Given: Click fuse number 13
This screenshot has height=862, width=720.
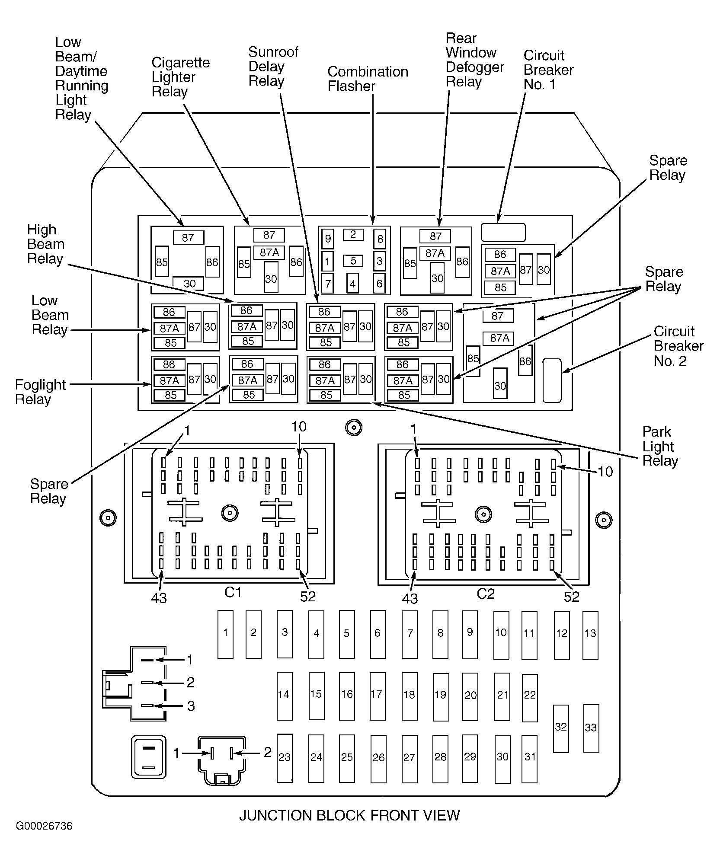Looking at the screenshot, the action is pos(590,635).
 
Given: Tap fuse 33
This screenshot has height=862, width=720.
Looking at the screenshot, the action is pos(591,728).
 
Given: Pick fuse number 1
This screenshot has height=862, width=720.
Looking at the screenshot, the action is pos(225,634).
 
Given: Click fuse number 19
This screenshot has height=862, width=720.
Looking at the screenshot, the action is pos(441,697).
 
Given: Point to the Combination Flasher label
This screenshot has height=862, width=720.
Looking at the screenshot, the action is pos(368,79).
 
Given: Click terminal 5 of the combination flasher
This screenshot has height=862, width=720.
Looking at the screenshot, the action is pos(353,261).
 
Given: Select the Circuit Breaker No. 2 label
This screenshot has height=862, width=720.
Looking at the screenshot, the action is pos(678,346).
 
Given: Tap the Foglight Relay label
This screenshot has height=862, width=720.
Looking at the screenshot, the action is pos(40,392).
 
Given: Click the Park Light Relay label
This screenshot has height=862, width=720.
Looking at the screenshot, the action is pos(660,446).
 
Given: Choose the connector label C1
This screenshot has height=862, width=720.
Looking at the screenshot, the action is pos(233,592).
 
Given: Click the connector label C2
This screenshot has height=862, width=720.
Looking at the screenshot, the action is pos(485,594).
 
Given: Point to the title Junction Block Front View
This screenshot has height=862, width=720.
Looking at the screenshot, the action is pos(349,815).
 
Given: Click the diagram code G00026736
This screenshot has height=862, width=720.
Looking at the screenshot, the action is pos(44,826).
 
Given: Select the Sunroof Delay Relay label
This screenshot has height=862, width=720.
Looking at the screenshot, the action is pos(273,67).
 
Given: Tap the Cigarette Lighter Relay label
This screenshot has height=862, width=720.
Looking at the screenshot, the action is pos(180,77).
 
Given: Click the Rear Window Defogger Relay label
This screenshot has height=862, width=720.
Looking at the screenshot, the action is pos(475,60).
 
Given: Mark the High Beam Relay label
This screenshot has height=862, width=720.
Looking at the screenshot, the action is pos(45,244).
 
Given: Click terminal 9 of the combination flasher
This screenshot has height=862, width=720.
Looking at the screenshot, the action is pos(328,239).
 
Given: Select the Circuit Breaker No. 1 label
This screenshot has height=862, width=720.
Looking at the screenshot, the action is pos(548,70).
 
